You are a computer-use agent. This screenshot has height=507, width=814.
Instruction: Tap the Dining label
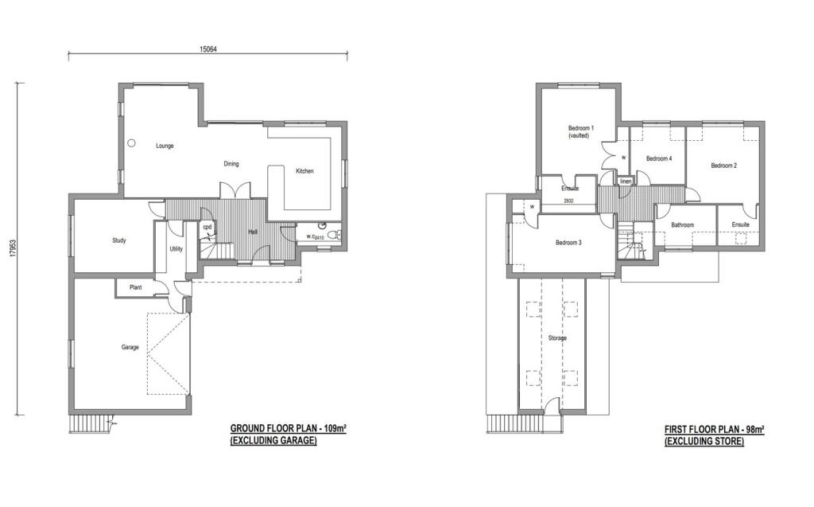coord(231,165)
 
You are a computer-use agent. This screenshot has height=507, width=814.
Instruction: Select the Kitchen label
coord(305,172)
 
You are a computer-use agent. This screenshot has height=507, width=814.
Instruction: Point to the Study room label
coord(118,240)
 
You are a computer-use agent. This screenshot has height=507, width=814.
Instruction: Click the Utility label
coord(176,249)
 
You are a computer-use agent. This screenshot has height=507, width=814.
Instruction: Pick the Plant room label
coord(135,287)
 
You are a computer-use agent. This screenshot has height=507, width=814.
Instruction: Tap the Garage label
coord(130,347)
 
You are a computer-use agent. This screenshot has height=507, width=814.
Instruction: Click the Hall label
coord(253,232)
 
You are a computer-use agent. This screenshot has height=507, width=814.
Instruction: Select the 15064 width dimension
coord(208,49)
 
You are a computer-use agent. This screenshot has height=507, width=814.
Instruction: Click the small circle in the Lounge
coord(132,143)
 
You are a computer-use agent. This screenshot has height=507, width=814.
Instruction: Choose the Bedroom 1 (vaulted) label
coord(580,132)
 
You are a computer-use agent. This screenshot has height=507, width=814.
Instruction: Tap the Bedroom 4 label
coord(659,158)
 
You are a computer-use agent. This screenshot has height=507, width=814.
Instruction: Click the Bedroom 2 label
coord(723,166)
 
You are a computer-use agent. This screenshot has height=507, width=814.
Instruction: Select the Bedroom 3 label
coord(568,243)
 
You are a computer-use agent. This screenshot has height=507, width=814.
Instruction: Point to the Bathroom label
coord(682,225)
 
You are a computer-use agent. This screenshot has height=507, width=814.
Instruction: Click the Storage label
coord(557,338)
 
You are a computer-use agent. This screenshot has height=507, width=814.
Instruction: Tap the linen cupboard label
coord(626,181)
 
